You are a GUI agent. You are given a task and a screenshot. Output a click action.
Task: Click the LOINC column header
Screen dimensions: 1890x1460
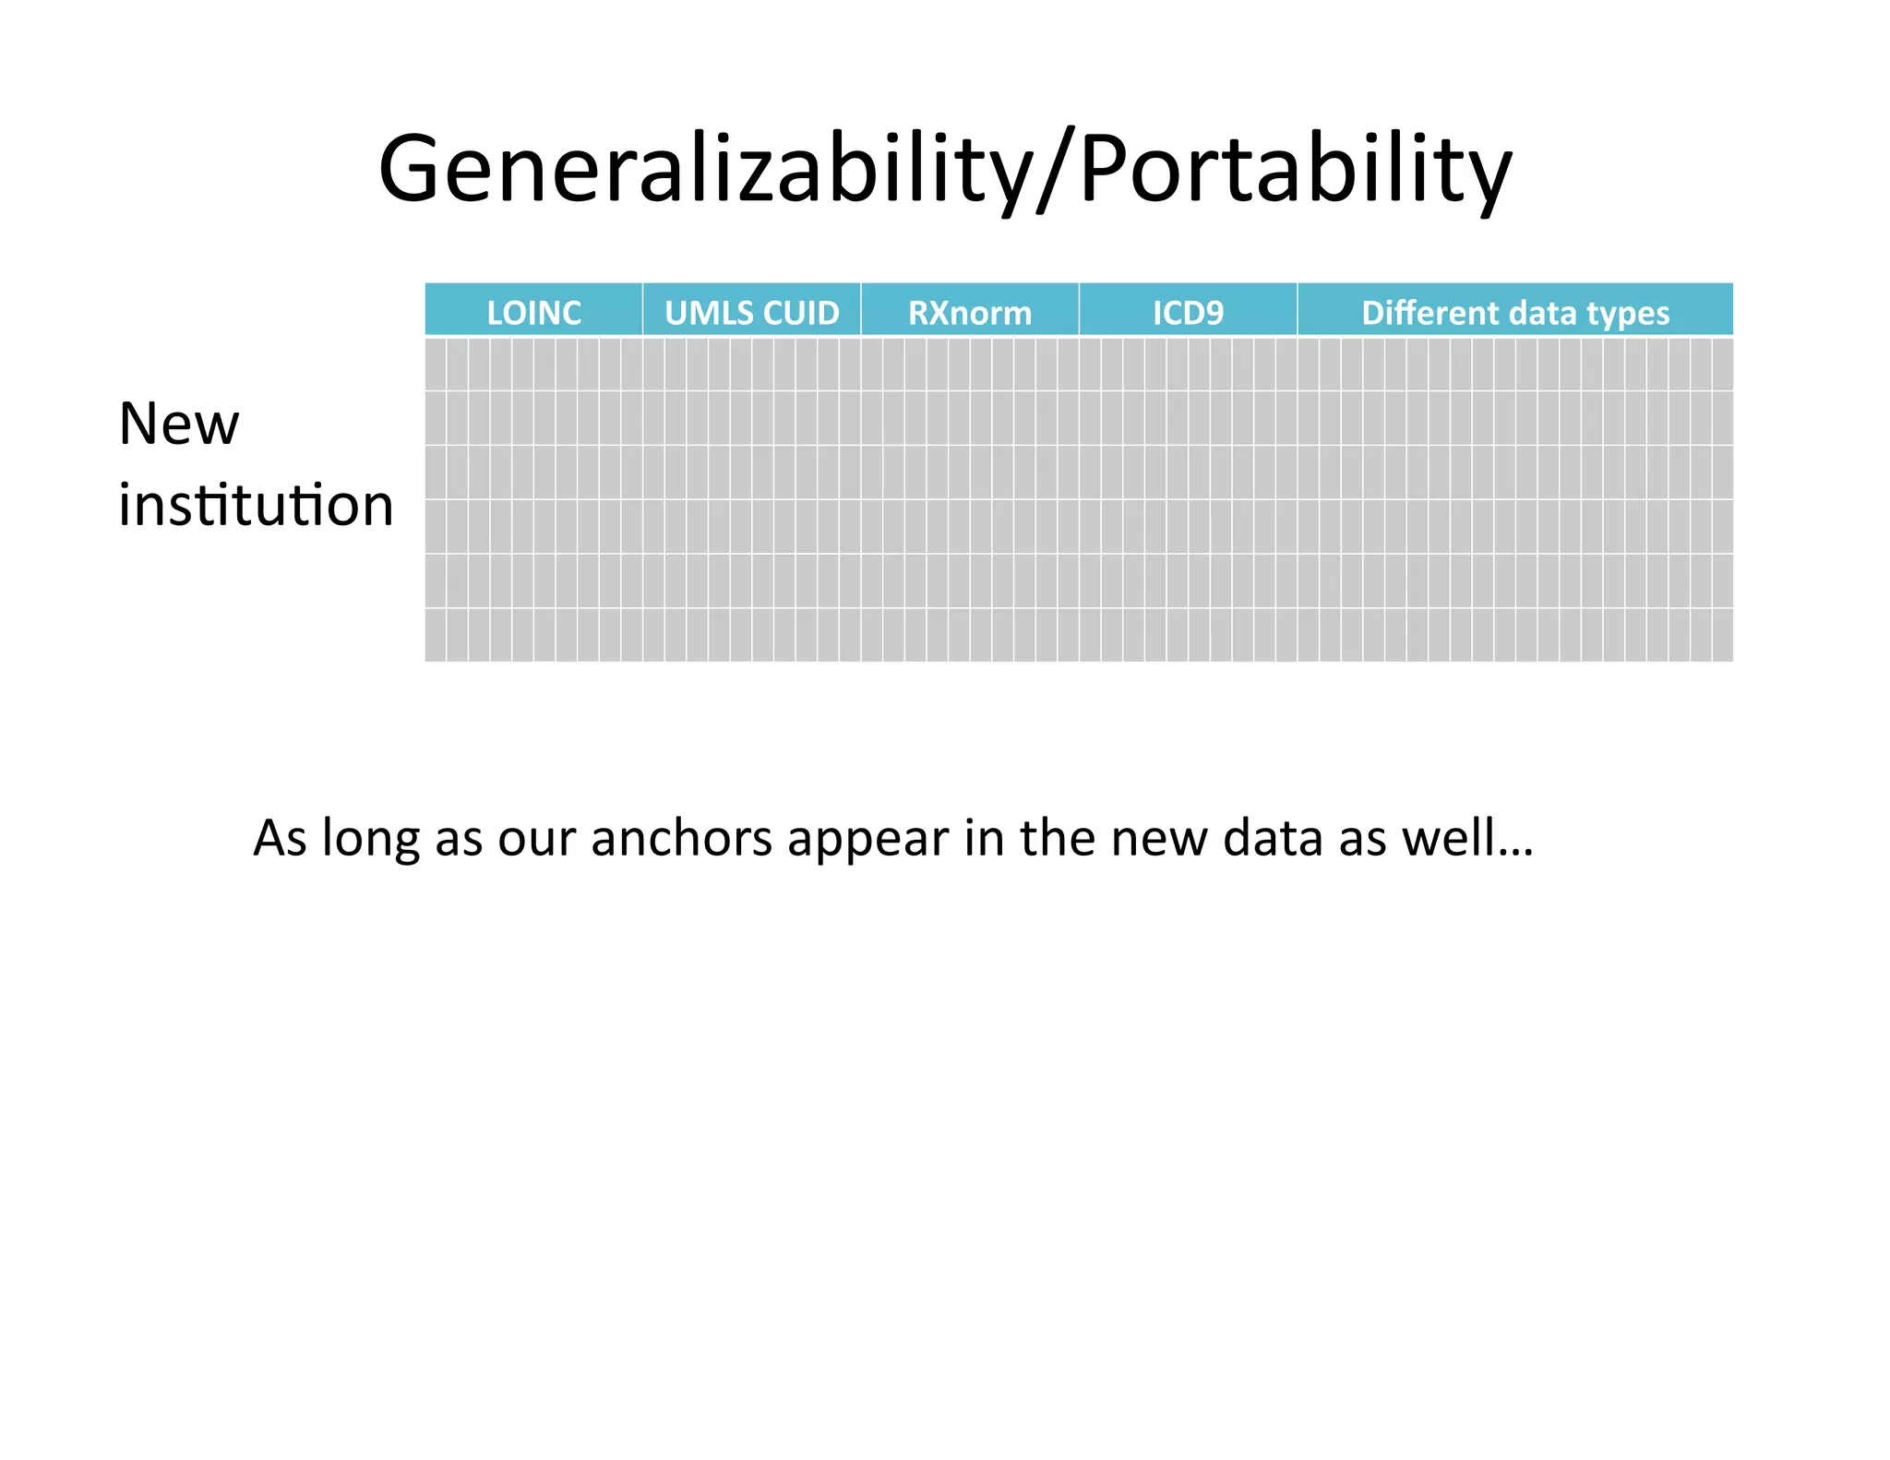(x=533, y=313)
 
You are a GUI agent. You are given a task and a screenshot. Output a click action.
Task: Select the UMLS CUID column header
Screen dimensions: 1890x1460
(x=751, y=313)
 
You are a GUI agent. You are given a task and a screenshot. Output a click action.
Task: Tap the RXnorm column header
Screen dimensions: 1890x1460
(x=969, y=313)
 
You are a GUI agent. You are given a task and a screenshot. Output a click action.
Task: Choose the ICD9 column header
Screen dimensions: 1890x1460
(x=1188, y=313)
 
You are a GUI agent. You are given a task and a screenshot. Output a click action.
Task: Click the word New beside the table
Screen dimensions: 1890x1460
(x=179, y=425)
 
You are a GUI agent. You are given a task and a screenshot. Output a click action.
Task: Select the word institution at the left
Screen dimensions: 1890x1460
(x=256, y=506)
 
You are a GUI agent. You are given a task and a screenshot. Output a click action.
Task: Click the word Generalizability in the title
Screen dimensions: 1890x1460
(x=706, y=171)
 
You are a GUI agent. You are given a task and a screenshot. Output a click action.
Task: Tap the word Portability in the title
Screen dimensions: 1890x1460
(x=1295, y=171)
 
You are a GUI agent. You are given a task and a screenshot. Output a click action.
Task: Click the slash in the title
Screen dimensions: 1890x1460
(x=1055, y=171)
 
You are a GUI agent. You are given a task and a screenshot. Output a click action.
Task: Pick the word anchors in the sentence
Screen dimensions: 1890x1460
(x=681, y=839)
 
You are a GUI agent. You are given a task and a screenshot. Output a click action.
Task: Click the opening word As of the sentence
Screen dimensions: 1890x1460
(x=281, y=839)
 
